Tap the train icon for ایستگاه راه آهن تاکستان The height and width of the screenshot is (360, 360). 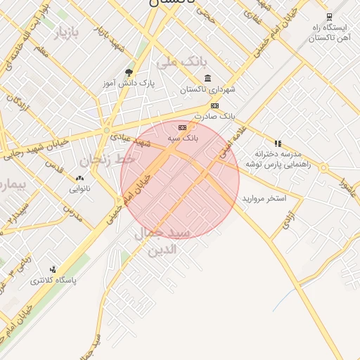pos(329,17)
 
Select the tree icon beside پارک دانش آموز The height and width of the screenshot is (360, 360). pos(128,72)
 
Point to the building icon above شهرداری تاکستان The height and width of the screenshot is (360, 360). pos(207,78)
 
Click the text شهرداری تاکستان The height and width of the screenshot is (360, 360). pos(207,89)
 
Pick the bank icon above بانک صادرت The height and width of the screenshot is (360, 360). pos(214,105)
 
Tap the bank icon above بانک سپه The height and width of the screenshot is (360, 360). pos(182,128)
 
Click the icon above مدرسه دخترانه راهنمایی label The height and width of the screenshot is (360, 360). pos(278,143)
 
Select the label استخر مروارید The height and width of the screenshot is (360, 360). pos(264,199)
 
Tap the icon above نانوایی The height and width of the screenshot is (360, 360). pos(79,179)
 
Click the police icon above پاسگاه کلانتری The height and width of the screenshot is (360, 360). pos(53,269)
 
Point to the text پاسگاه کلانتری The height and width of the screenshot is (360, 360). pos(53,281)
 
